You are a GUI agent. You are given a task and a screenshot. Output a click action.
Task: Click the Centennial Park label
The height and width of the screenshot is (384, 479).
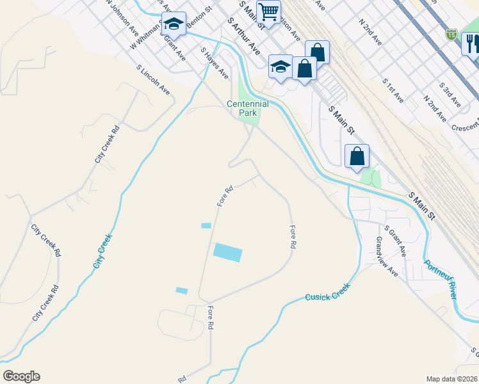click(x=247, y=108)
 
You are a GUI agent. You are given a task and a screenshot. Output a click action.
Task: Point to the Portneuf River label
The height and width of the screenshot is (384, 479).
click(x=441, y=278)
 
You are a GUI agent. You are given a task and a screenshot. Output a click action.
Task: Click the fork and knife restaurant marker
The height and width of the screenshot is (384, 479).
click(x=473, y=44)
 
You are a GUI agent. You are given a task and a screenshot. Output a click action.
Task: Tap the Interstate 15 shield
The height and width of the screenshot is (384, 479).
click(x=452, y=33)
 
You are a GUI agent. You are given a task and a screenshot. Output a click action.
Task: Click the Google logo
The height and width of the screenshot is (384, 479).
click(x=21, y=376)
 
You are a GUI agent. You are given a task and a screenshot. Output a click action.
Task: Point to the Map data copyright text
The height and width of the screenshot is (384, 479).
click(x=452, y=379)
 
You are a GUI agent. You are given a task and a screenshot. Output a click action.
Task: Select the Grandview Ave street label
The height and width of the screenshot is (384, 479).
click(x=387, y=257)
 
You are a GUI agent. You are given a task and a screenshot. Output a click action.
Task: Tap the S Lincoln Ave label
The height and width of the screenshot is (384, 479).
click(x=154, y=80)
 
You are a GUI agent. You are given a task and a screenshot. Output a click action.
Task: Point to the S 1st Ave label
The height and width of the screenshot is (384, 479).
click(x=393, y=92)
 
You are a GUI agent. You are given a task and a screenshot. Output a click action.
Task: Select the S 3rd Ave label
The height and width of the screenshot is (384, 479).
click(x=450, y=93)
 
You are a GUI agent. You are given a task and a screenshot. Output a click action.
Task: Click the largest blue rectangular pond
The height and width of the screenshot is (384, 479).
click(x=228, y=252)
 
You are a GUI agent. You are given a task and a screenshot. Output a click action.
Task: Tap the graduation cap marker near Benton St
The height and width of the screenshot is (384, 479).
click(x=173, y=25)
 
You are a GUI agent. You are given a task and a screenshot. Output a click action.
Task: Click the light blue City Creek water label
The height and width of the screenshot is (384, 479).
click(x=102, y=251)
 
